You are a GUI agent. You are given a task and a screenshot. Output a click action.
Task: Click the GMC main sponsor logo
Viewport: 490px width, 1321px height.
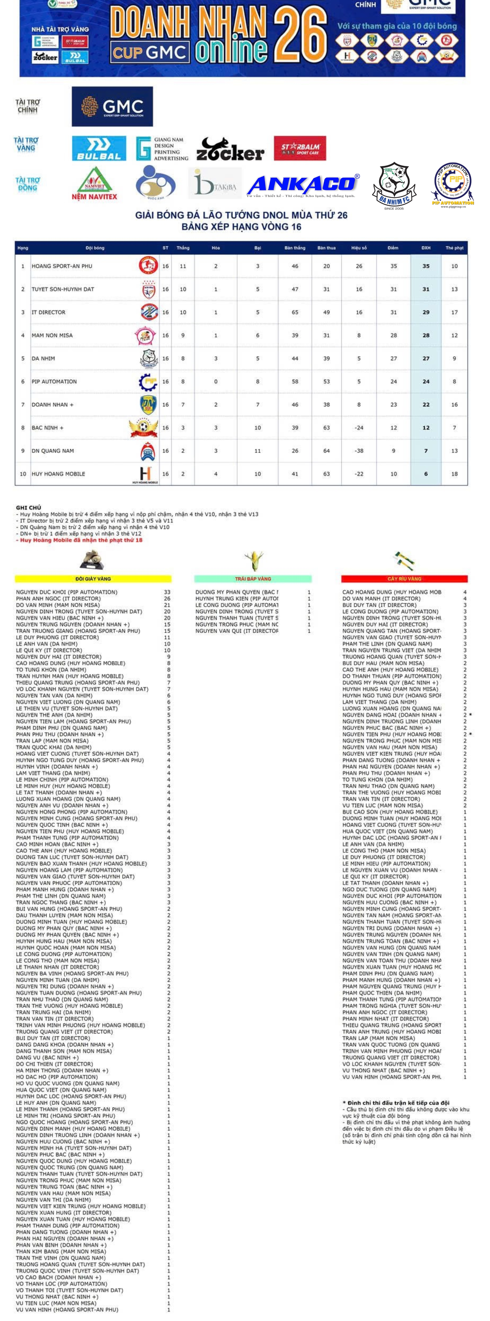pyautogui.click(x=112, y=106)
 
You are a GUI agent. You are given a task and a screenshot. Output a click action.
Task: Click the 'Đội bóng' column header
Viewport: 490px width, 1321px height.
pyautogui.click(x=95, y=248)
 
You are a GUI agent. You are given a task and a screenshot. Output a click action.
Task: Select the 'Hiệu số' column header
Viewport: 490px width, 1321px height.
pyautogui.click(x=359, y=248)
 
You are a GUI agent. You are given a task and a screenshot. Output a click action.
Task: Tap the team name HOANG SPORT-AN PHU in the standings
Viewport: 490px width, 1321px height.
pyautogui.click(x=62, y=266)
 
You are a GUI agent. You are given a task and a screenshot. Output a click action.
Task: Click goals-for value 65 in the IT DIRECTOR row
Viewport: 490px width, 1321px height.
pyautogui.click(x=295, y=312)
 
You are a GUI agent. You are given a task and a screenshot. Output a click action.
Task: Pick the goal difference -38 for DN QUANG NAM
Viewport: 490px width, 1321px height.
pyautogui.click(x=359, y=451)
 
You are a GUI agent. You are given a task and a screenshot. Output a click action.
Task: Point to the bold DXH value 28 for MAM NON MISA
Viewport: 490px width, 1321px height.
pyautogui.click(x=426, y=335)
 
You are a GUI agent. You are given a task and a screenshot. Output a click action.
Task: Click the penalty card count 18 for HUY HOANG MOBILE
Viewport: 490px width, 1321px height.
pyautogui.click(x=454, y=474)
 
